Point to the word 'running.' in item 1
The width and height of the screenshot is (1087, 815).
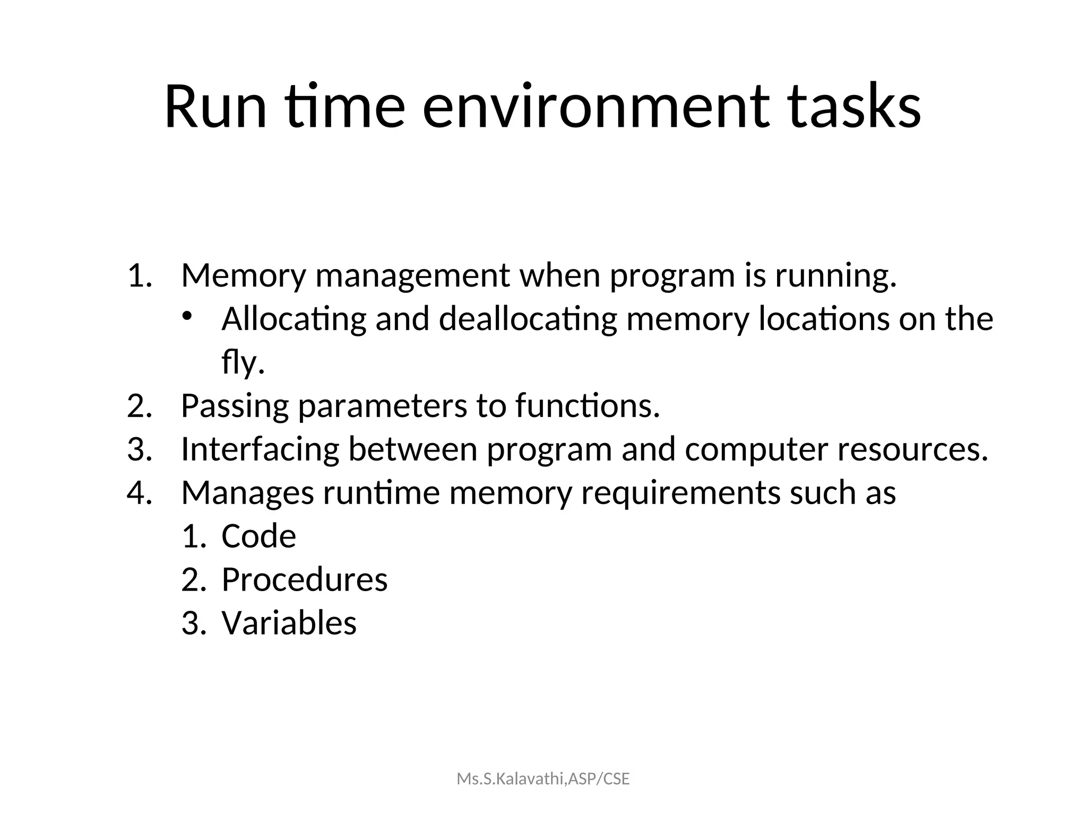tap(836, 276)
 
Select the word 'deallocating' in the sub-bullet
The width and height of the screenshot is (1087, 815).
tap(528, 319)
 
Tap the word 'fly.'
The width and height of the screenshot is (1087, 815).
tap(243, 363)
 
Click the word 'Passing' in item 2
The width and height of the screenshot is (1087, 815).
tap(235, 406)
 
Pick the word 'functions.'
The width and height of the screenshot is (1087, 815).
tap(588, 406)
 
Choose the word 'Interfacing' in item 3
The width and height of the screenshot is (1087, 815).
tap(260, 450)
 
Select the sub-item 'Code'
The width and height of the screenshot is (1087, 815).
tap(258, 536)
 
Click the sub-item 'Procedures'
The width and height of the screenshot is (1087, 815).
tap(304, 580)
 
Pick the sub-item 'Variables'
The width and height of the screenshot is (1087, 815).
tap(289, 623)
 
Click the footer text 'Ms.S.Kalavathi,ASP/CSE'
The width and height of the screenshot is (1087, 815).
tap(543, 779)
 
